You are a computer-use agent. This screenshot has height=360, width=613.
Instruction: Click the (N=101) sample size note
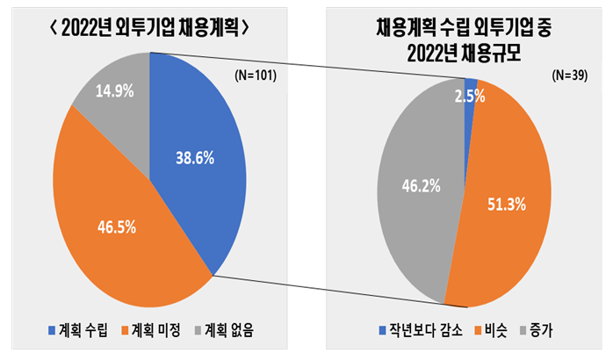[x=256, y=76]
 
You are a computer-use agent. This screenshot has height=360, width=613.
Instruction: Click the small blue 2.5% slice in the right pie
[x=470, y=84]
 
